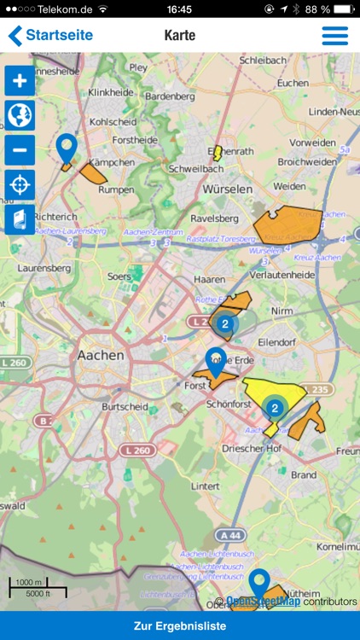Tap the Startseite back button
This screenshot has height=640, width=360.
(x=51, y=36)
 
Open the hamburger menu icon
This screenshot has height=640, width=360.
(x=334, y=36)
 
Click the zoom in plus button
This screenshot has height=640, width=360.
(x=20, y=81)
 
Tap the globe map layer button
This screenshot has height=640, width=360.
(x=20, y=115)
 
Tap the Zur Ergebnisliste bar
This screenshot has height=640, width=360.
(x=180, y=625)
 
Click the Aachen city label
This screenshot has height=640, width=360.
(x=101, y=355)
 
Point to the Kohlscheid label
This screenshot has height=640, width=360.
(x=113, y=121)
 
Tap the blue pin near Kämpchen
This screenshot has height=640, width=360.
(x=67, y=148)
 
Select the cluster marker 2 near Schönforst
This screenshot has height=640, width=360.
(x=274, y=409)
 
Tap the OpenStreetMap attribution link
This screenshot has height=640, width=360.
(x=263, y=602)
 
